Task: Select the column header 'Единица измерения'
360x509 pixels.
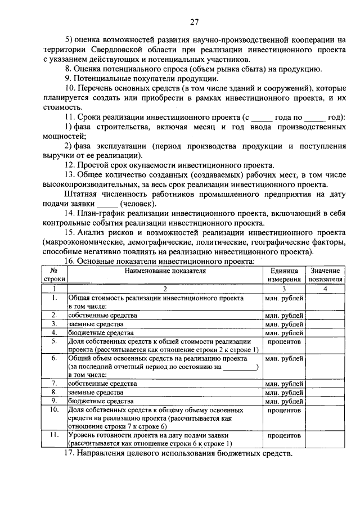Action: tap(283, 274)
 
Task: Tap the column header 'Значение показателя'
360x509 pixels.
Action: tap(325, 274)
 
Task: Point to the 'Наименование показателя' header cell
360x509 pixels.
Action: tap(165, 271)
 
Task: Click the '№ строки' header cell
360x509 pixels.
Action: tap(55, 274)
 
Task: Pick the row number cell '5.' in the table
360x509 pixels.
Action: tap(55, 341)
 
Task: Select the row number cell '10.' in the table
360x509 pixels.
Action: tap(55, 411)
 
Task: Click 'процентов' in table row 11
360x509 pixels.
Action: tap(283, 435)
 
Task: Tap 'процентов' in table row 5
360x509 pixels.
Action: tap(283, 341)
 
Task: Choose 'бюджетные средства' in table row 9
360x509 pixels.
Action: tap(101, 402)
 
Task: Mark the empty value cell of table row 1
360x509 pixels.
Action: tap(325, 302)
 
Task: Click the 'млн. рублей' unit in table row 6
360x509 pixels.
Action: tap(283, 358)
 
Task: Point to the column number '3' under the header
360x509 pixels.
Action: tap(283, 289)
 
